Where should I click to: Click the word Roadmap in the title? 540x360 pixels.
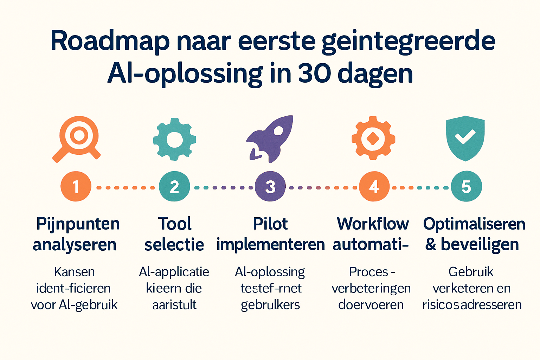pyautogui.click(x=110, y=41)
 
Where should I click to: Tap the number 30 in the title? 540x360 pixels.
pyautogui.click(x=314, y=74)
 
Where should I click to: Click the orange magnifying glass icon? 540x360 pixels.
pyautogui.click(x=78, y=138)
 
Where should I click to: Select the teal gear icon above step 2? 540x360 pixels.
pyautogui.click(x=174, y=140)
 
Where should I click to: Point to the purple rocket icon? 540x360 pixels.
pyautogui.click(x=270, y=139)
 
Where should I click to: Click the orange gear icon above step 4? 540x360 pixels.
pyautogui.click(x=373, y=139)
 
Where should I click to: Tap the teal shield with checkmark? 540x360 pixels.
pyautogui.click(x=465, y=138)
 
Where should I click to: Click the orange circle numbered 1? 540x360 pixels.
pyautogui.click(x=76, y=186)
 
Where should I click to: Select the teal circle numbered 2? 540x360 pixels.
pyautogui.click(x=174, y=186)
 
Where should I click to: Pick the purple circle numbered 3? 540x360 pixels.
pyautogui.click(x=270, y=186)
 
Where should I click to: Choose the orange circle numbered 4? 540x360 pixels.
pyautogui.click(x=374, y=186)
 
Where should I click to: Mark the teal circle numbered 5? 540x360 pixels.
pyautogui.click(x=466, y=186)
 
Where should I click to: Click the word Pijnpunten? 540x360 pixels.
pyautogui.click(x=78, y=224)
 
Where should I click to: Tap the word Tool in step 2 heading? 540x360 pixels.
pyautogui.click(x=175, y=224)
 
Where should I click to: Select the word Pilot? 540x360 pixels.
pyautogui.click(x=270, y=224)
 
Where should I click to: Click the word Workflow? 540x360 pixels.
pyautogui.click(x=373, y=224)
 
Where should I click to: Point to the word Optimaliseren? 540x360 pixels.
pyautogui.click(x=474, y=224)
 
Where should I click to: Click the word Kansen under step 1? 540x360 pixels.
pyautogui.click(x=75, y=272)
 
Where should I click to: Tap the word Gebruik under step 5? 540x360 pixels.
pyautogui.click(x=471, y=272)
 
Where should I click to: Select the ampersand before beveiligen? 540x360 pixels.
pyautogui.click(x=431, y=244)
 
